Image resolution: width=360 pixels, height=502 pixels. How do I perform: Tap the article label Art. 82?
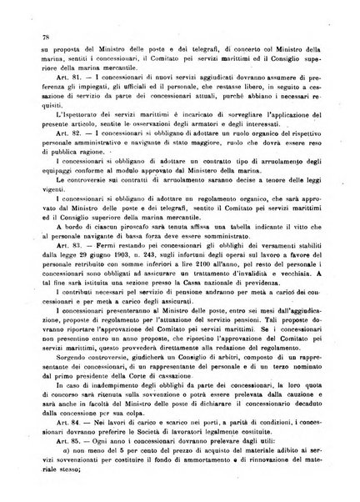[x=58, y=157]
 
